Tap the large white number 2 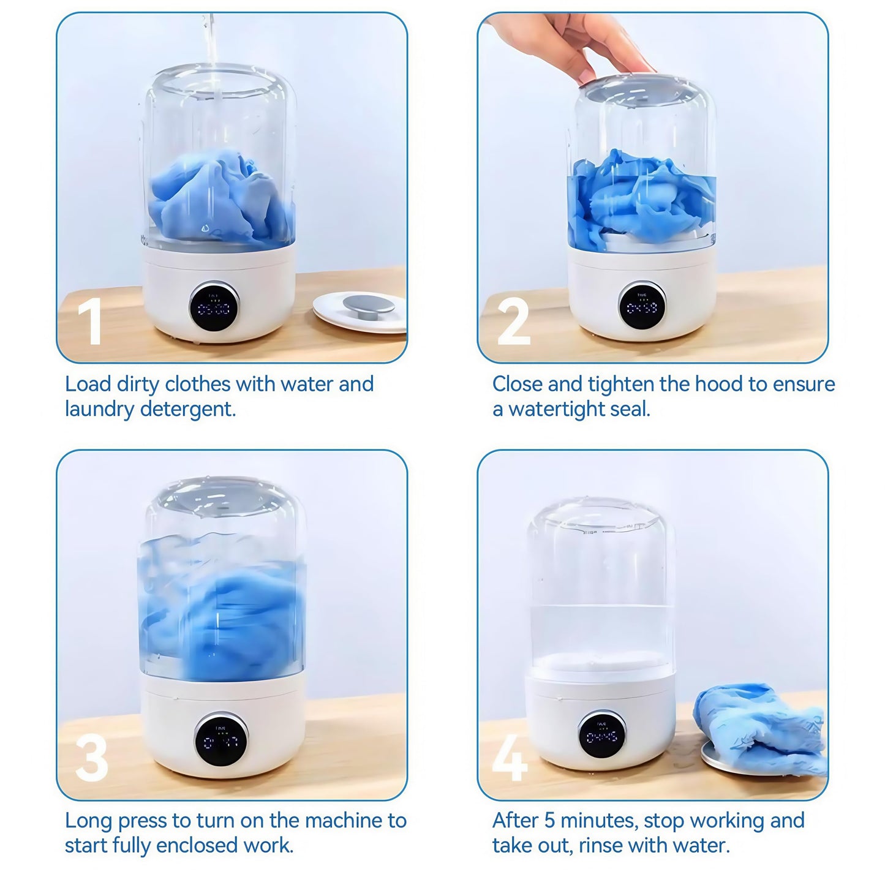513,321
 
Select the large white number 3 91,758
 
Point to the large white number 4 510,758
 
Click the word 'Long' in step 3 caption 89,821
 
